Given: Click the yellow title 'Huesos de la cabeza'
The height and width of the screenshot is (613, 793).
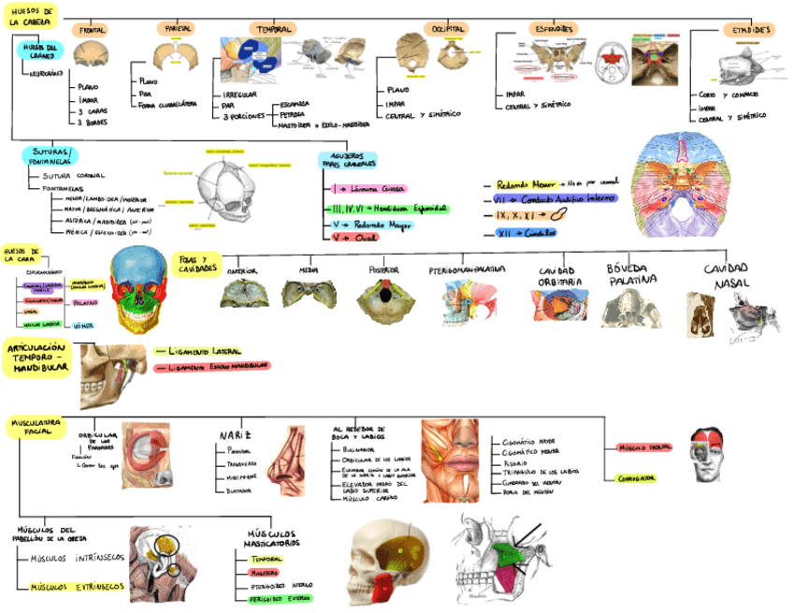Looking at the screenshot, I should click(32, 16).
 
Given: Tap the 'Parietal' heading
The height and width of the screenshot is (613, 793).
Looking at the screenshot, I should click(179, 29).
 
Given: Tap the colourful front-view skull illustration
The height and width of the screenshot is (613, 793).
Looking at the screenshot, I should click(142, 291).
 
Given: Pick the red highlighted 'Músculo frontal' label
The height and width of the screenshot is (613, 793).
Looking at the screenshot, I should click(643, 448).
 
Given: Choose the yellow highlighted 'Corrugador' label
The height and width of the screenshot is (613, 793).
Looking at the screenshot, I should click(636, 478).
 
